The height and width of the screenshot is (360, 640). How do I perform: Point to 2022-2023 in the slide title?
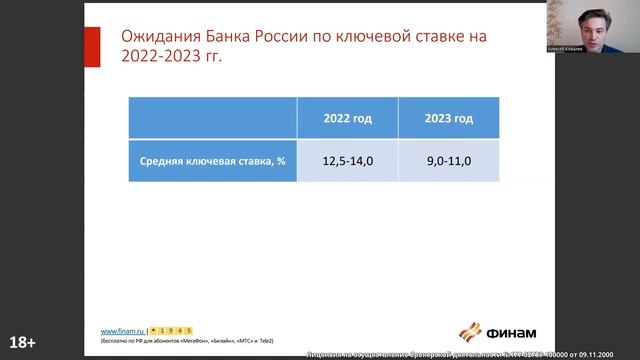coord(163,57)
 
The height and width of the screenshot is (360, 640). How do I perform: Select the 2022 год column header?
coord(347,118)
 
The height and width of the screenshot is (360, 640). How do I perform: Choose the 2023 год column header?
coord(448,118)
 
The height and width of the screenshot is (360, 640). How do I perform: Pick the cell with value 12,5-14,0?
coord(347,160)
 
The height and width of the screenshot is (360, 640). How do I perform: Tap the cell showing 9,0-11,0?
coord(448,160)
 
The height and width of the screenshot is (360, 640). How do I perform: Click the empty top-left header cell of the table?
coord(213,118)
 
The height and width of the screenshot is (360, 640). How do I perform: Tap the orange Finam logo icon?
coord(469,331)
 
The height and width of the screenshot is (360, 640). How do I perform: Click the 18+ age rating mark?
coord(21,342)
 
